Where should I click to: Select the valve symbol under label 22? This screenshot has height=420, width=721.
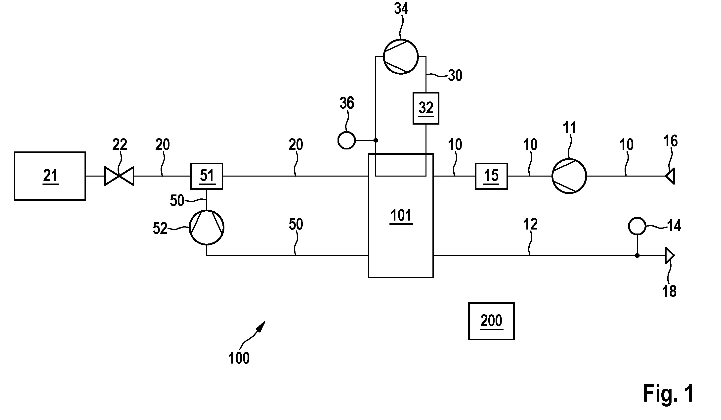click(x=119, y=176)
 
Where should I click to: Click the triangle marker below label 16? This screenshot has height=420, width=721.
click(x=670, y=176)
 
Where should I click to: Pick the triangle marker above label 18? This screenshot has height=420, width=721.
click(x=670, y=255)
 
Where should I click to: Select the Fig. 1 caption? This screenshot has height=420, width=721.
click(x=668, y=394)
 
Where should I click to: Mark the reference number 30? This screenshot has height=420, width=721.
click(x=455, y=76)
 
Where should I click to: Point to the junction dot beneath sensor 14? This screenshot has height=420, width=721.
click(x=637, y=255)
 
